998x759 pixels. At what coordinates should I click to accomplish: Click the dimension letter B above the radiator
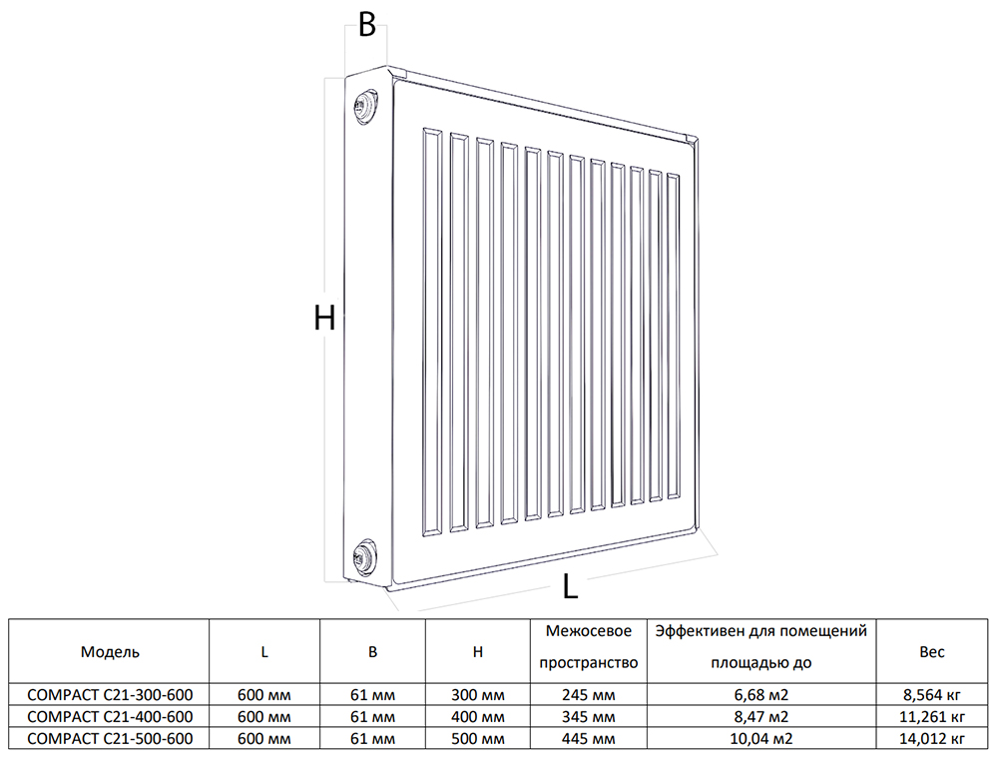[x=367, y=25]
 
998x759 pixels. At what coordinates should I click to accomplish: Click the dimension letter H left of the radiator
[x=324, y=318]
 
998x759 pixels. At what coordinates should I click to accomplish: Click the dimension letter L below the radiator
[x=570, y=586]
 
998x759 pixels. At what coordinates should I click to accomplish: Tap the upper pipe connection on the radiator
[x=364, y=105]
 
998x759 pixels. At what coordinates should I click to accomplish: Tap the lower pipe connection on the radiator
[x=364, y=553]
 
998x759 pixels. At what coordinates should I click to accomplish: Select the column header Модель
[x=110, y=651]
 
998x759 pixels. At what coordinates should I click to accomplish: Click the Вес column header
[x=932, y=651]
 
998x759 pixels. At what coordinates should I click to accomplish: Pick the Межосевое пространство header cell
[x=589, y=647]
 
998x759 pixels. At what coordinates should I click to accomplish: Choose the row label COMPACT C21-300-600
[x=110, y=695]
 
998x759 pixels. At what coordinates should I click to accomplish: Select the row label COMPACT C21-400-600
[x=110, y=717]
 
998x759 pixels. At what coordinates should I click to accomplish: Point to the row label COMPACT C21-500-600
[x=110, y=739]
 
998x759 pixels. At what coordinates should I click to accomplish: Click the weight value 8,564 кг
[x=932, y=695]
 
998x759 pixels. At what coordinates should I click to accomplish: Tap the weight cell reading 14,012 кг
[x=932, y=739]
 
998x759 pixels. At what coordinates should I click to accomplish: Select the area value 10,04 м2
[x=761, y=739]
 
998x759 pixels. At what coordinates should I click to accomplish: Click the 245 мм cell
[x=589, y=695]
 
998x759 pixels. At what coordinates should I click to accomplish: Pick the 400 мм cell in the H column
[x=478, y=717]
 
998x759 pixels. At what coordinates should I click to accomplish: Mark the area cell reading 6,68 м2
[x=761, y=695]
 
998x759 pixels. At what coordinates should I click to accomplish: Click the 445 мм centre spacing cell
[x=589, y=739]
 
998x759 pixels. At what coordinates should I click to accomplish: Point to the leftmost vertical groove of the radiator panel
[x=431, y=332]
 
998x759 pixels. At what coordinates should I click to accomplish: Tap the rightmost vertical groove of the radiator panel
[x=674, y=337]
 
